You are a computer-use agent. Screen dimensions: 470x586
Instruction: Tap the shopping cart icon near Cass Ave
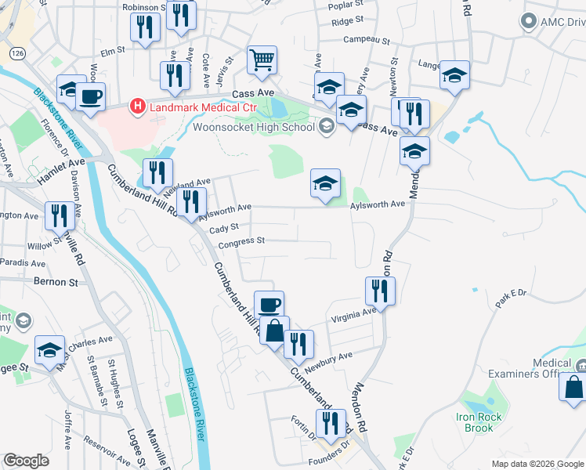262,60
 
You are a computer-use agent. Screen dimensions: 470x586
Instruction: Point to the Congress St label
241,242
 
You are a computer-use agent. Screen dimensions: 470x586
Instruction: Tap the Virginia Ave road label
353,313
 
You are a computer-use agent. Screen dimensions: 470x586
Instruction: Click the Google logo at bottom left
26,461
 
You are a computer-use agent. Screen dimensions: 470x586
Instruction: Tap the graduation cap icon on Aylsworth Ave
326,184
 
